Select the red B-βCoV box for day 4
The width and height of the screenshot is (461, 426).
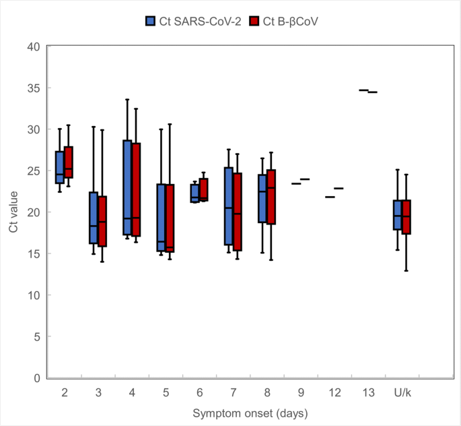[x=136, y=189]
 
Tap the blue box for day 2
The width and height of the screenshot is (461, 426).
[x=60, y=167]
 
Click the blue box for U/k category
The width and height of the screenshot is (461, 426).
[x=397, y=215]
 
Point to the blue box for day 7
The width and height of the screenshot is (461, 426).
[x=229, y=206]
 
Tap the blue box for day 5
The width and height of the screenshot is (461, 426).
[x=161, y=218]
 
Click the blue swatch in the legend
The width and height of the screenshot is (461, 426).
[x=151, y=21]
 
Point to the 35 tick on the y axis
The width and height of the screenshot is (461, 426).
[x=34, y=88]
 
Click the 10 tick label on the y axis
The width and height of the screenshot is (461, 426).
[x=34, y=295]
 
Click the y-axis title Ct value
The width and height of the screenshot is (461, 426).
[x=13, y=212]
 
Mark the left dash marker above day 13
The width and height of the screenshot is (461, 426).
[x=363, y=90]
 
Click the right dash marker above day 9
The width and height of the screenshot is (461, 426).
[x=305, y=179]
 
